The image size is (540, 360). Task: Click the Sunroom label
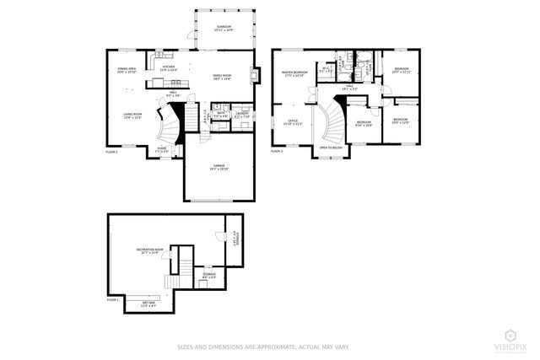pyautogui.click(x=223, y=28)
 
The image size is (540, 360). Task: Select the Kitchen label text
pyautogui.click(x=168, y=67)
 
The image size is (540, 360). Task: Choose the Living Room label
pyautogui.click(x=133, y=116)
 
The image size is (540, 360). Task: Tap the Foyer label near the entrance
pyautogui.click(x=163, y=150)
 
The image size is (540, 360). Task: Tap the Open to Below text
pyautogui.click(x=331, y=148)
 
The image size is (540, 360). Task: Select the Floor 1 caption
pyautogui.click(x=113, y=298)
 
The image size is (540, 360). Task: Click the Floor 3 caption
pyautogui.click(x=277, y=152)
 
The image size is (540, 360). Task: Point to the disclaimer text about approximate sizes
pyautogui.click(x=262, y=347)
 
